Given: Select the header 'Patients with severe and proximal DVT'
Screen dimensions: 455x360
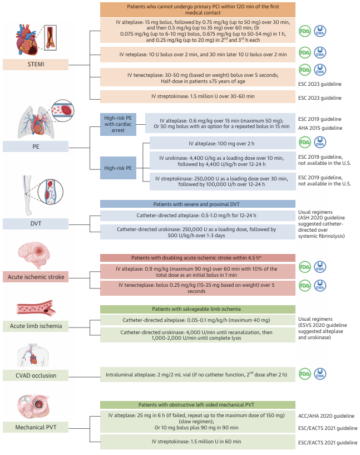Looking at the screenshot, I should click(x=198, y=204).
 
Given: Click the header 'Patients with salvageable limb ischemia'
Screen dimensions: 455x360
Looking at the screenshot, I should click(x=198, y=309).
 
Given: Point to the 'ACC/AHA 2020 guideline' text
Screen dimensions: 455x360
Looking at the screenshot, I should click(x=326, y=415).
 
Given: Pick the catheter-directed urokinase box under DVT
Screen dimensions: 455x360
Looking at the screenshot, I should click(x=198, y=232).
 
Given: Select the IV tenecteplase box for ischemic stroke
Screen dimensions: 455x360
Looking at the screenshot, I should click(x=198, y=287).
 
